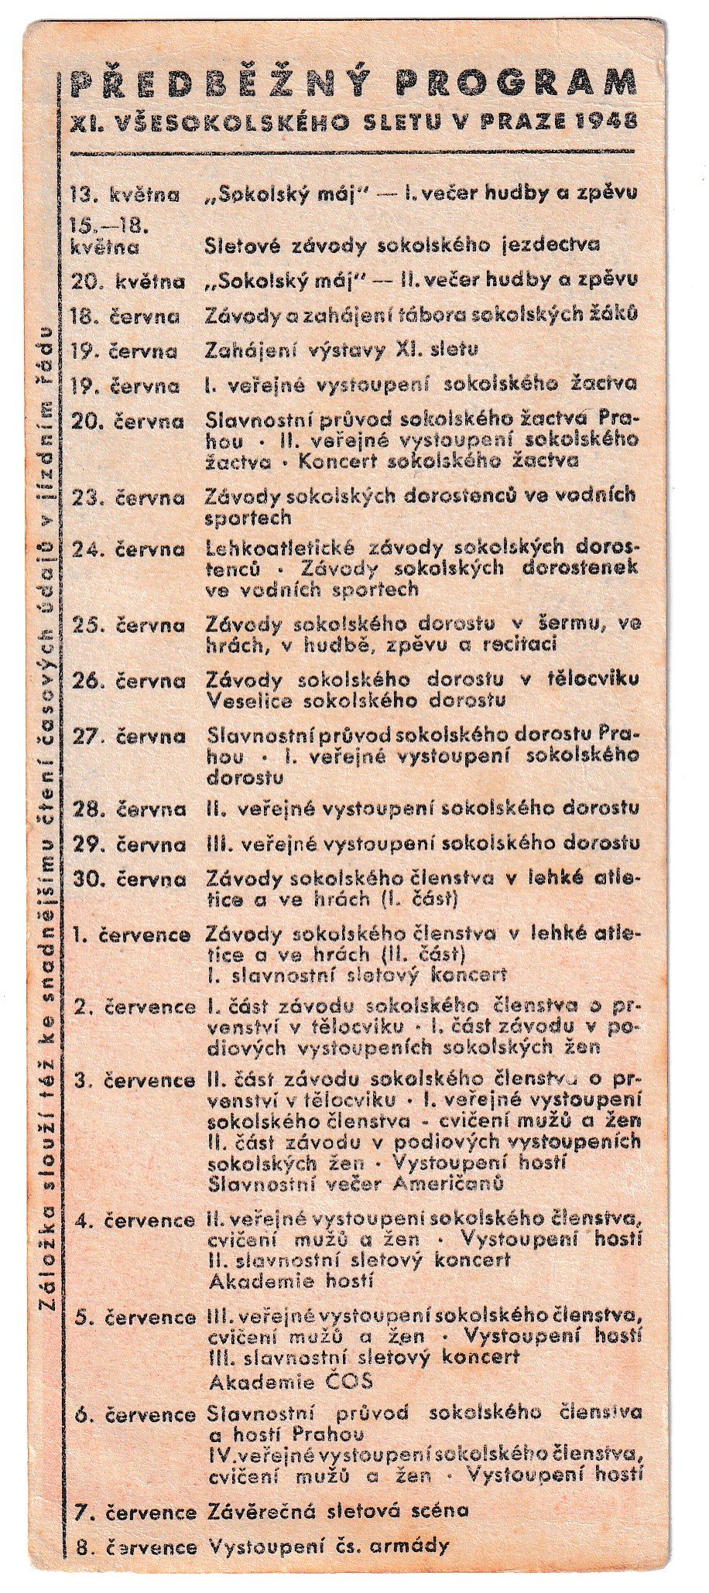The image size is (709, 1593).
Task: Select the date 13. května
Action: (x=125, y=194)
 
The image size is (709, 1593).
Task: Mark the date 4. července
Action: (x=133, y=1221)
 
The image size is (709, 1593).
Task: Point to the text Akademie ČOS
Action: (x=291, y=1381)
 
